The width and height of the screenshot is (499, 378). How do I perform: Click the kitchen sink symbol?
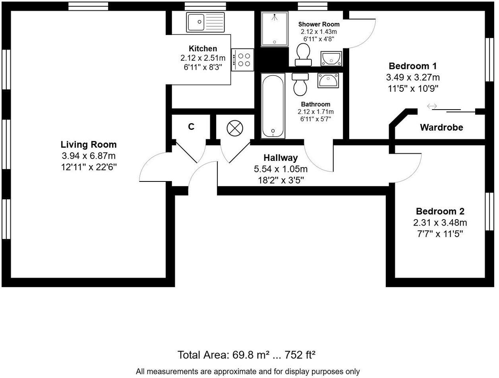point(205,22)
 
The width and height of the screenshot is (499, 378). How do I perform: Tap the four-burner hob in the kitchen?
point(243,60)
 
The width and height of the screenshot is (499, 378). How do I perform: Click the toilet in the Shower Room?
point(304,54)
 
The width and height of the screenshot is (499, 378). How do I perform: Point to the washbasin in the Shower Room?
point(331,58)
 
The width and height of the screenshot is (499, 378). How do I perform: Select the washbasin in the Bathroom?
point(328,81)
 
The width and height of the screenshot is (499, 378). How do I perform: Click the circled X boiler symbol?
point(234,129)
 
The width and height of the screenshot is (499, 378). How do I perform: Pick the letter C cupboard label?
point(191,127)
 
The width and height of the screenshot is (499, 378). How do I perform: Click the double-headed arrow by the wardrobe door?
point(432,106)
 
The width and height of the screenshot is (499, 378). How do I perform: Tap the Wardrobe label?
point(441,127)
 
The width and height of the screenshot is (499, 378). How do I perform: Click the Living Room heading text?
point(89,145)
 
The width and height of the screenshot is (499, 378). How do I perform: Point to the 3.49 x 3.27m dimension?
point(413,77)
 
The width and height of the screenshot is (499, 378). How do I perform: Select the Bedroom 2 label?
point(440,211)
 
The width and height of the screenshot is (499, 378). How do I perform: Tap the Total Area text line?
point(246,355)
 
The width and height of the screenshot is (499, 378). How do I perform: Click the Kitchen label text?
point(203,48)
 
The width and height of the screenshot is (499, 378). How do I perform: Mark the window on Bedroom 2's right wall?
point(489,211)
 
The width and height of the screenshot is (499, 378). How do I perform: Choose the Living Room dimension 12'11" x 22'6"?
point(89,167)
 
